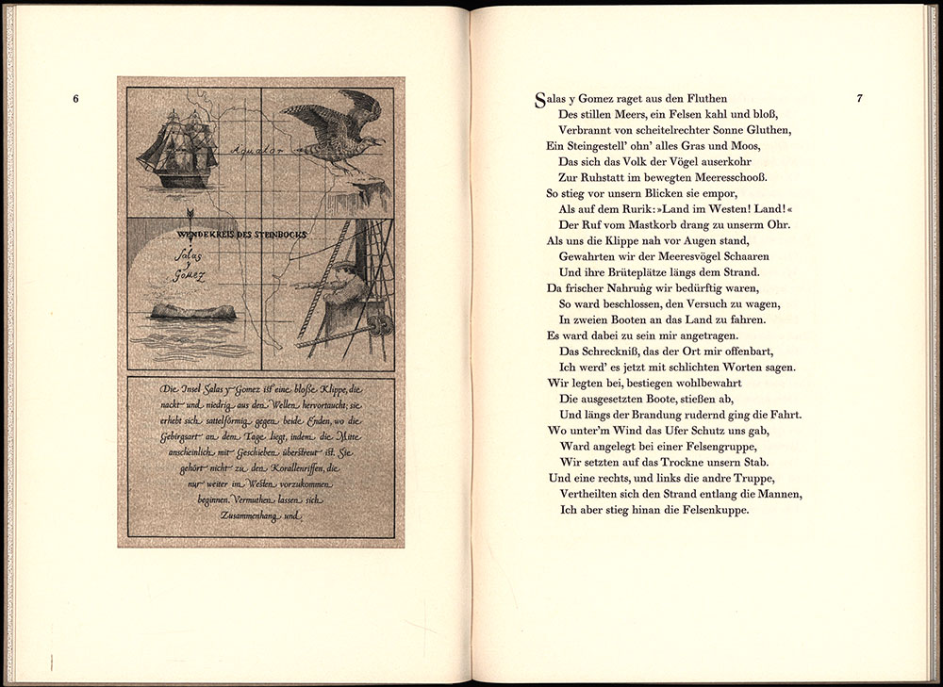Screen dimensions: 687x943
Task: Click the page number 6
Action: tap(75, 98)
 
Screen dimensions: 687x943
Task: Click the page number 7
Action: tap(859, 98)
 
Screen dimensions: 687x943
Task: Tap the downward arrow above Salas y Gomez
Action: tap(190, 216)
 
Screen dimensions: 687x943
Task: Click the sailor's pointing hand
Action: tap(298, 283)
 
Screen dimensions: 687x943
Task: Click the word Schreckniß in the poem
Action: tap(605, 352)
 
